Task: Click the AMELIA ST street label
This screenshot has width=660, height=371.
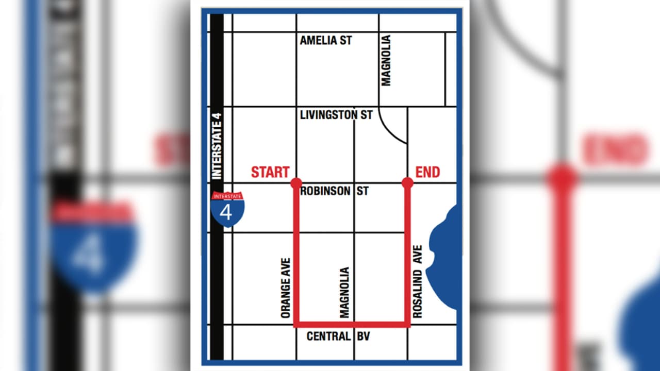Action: [326, 40]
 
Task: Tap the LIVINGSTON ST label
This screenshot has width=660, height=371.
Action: [336, 115]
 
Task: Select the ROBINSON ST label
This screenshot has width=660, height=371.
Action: [334, 191]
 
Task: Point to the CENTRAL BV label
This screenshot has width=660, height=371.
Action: [338, 336]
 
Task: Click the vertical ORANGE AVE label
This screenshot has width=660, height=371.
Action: [286, 288]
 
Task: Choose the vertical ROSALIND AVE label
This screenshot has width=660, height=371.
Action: [417, 281]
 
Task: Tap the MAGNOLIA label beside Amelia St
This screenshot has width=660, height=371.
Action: [386, 60]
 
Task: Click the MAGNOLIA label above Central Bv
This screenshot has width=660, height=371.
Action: [344, 292]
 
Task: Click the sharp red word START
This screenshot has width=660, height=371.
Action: [270, 172]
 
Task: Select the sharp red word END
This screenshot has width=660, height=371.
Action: [427, 172]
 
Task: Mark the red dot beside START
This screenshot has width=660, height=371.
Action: [296, 183]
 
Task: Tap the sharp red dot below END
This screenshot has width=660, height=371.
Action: [407, 183]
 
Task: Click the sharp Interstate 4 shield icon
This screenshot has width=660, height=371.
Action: [227, 209]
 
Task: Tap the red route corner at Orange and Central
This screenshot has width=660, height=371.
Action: [296, 325]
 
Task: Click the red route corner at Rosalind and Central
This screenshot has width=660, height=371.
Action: [407, 325]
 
